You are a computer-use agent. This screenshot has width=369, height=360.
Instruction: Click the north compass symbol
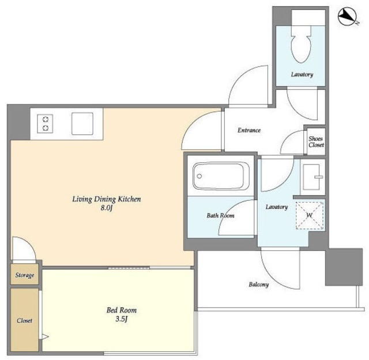[347, 17]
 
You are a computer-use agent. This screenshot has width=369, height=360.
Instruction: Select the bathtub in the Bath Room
[221, 176]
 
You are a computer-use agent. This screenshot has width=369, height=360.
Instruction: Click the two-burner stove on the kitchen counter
[45, 123]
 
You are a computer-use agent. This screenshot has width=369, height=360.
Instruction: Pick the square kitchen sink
[82, 123]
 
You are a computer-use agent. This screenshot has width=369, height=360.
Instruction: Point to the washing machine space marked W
[310, 215]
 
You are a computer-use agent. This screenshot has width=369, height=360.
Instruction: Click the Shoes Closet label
[316, 142]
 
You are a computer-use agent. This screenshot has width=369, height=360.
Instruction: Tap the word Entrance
[249, 130]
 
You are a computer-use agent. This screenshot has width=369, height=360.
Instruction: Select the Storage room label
[25, 275]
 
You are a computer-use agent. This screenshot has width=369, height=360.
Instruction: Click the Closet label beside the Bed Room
[24, 320]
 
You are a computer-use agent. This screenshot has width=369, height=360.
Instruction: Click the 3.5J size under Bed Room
[122, 319]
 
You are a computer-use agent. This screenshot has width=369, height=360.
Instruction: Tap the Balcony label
[259, 284]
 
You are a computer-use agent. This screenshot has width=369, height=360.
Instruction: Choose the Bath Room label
[220, 215]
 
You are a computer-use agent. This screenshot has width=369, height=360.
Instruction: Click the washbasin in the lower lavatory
[311, 177]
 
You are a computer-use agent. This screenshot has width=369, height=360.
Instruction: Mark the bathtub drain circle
[199, 176]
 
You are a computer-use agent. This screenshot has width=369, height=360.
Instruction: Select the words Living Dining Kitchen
[106, 199]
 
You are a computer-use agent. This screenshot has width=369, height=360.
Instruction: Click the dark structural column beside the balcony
[344, 267]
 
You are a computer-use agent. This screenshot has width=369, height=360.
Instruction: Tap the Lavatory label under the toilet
[302, 74]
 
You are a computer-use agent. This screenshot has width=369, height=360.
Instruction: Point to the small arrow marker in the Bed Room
[45, 337]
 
